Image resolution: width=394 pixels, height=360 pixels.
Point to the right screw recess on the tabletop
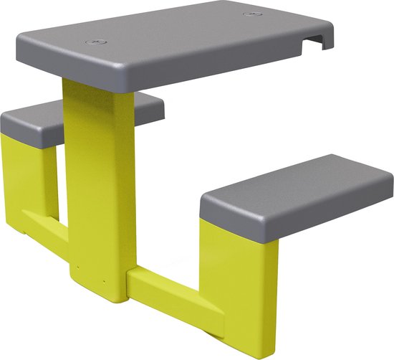click(x=250, y=14)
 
